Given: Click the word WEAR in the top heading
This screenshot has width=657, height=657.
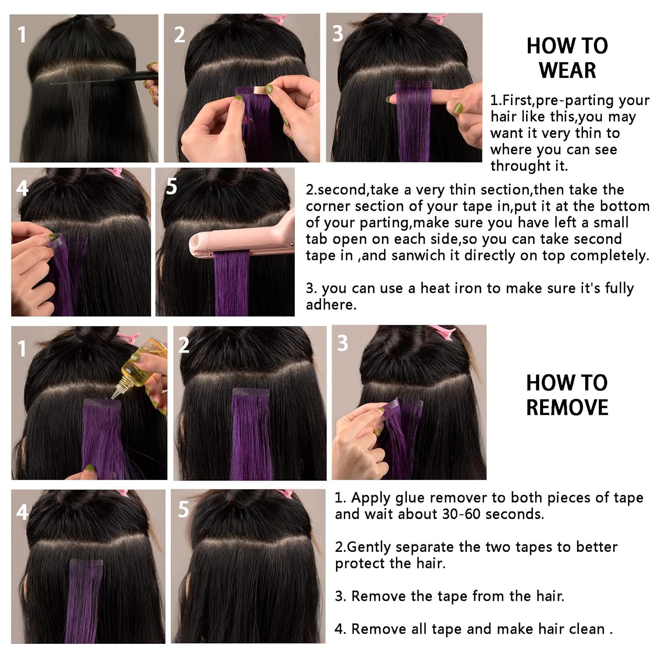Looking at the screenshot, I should coord(567,70).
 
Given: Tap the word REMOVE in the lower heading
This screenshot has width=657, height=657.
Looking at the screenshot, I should coord(567,407).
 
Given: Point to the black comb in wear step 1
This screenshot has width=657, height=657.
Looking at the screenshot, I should coord(140,76).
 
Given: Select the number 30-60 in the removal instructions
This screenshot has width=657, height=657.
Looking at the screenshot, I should coord(461,514).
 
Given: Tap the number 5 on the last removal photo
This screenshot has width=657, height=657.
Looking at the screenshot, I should coord(184,509).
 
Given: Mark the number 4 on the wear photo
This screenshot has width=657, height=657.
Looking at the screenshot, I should coord(22,188).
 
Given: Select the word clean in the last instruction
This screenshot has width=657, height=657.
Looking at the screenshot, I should coord(586,629).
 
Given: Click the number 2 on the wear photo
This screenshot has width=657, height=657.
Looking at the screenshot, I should coord(180,35).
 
